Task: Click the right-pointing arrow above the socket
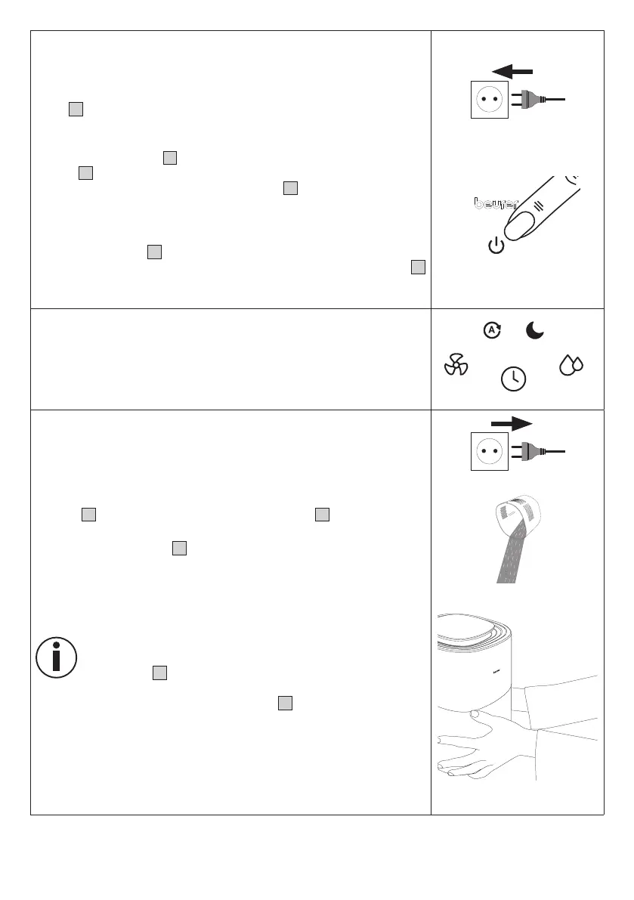pos(512,423)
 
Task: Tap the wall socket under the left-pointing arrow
pos(490,99)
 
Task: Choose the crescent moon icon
pos(535,330)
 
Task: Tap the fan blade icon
pos(456,366)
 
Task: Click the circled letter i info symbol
pos(56,657)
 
